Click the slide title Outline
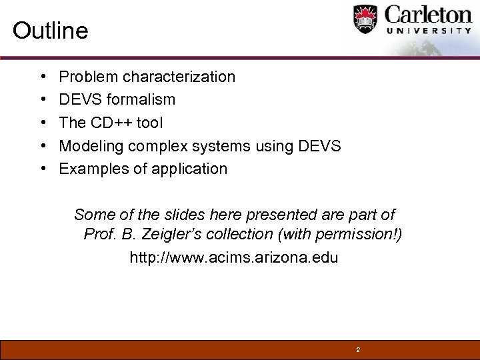50,31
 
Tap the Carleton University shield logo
365,19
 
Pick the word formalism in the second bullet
144,100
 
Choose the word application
191,169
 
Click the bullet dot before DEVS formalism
43,100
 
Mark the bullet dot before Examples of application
43,169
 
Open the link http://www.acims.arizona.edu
233,257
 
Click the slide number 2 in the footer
358,349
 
